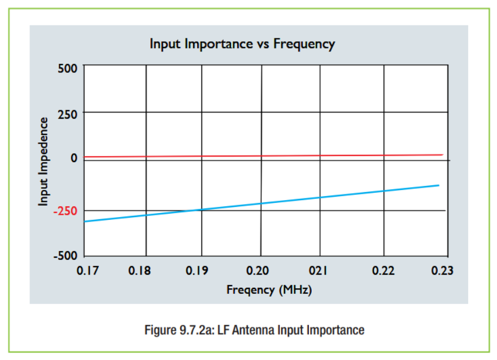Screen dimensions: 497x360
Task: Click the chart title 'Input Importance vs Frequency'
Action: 242,44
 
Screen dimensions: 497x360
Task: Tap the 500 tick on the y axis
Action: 68,68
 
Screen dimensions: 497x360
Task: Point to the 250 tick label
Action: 68,115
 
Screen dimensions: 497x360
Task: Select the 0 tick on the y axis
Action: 74,158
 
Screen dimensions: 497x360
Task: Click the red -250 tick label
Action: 66,211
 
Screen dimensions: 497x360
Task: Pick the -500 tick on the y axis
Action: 66,255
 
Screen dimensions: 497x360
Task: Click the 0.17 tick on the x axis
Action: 88,271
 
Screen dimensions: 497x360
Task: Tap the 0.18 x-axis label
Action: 139,271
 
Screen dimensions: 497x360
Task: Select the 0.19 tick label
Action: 197,271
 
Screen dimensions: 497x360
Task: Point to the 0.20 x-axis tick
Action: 258,271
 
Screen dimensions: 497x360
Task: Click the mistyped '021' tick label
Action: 318,271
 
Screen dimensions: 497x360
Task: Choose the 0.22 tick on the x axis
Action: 383,271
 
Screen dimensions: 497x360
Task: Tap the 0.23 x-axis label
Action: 442,271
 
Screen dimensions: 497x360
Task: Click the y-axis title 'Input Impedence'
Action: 43,162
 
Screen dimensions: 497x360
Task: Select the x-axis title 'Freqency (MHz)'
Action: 269,290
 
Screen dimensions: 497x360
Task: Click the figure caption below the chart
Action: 255,330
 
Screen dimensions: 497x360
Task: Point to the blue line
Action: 261,203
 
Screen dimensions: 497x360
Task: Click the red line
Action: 263,156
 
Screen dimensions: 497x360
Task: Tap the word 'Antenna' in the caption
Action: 254,330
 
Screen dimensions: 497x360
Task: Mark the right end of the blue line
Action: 439,185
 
